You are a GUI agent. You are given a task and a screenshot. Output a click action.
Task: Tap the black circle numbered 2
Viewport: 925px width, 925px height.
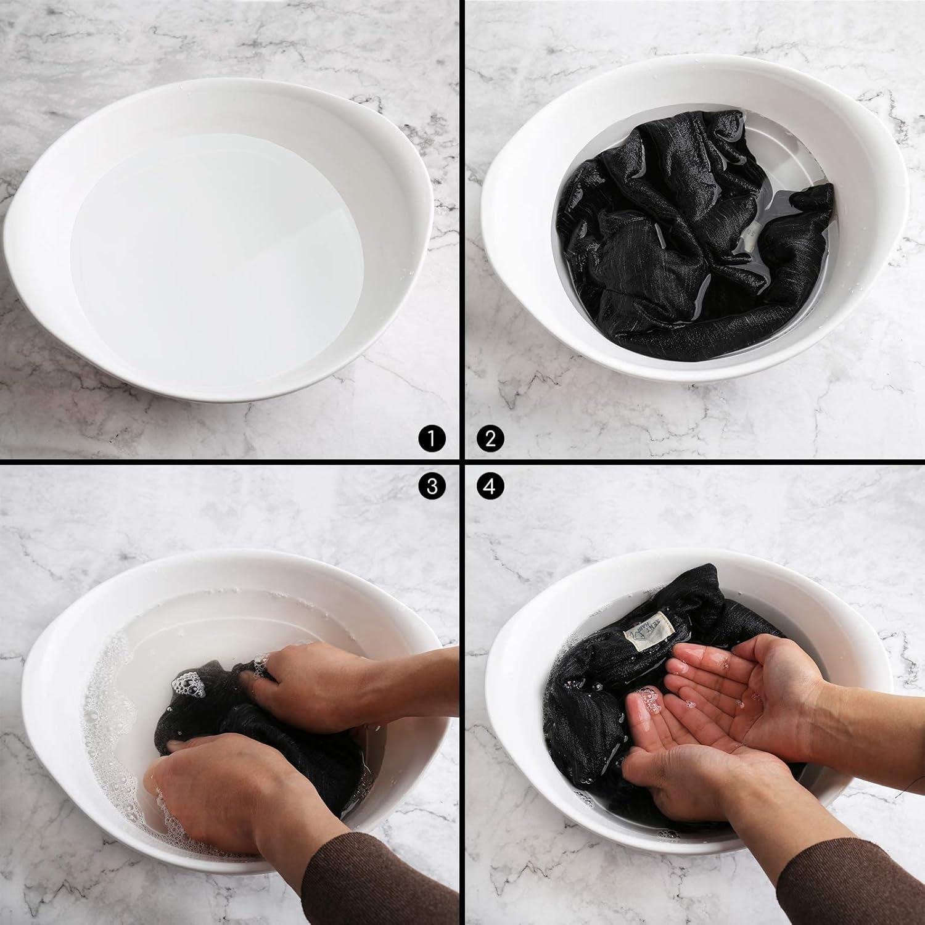490,438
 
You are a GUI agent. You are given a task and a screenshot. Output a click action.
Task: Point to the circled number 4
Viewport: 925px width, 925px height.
490,487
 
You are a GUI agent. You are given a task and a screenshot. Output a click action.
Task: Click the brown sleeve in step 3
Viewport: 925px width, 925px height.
376,876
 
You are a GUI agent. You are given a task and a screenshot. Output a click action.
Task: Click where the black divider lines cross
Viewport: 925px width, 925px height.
461,462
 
